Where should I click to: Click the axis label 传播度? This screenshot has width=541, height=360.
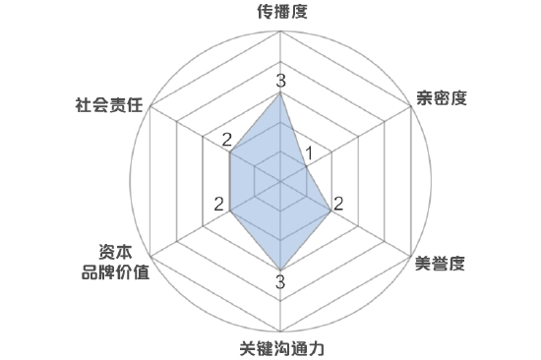point(280,13)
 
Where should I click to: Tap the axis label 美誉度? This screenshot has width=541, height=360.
point(440,263)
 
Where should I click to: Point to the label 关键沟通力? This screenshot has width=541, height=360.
point(280,348)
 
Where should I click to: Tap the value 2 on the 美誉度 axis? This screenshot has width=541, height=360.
point(339,205)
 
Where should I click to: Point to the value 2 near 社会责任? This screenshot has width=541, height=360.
point(226,139)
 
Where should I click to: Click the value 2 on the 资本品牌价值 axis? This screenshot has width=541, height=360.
point(220,204)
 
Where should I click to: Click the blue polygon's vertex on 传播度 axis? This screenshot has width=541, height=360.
point(280,94)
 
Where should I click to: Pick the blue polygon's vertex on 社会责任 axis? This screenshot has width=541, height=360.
point(230,152)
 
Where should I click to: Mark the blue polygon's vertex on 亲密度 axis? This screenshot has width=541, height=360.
point(306,167)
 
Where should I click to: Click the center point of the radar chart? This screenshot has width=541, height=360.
point(280,182)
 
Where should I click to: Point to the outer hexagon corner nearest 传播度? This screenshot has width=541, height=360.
point(280,35)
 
